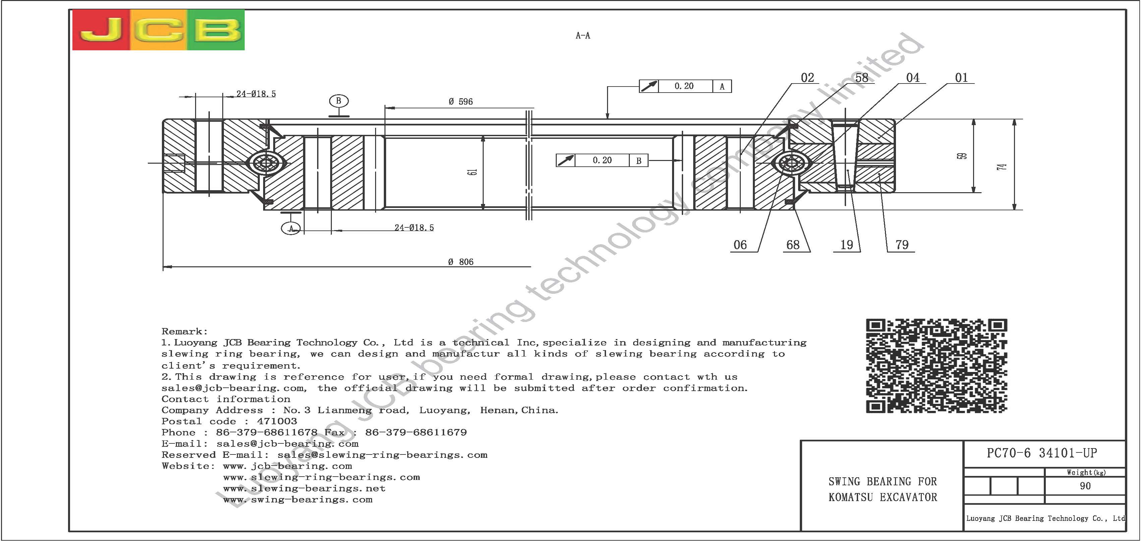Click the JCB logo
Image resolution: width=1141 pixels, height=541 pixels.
pyautogui.click(x=158, y=30)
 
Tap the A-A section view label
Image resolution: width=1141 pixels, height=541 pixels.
pyautogui.click(x=583, y=36)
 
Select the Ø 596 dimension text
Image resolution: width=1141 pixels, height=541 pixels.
pyautogui.click(x=461, y=102)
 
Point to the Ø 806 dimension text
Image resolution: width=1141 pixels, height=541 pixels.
pyautogui.click(x=461, y=262)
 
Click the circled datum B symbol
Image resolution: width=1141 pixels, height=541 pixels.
pyautogui.click(x=339, y=101)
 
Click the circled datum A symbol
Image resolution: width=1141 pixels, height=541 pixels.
pyautogui.click(x=291, y=228)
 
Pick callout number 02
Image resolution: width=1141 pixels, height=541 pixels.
pyautogui.click(x=807, y=78)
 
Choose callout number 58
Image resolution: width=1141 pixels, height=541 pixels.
pyautogui.click(x=861, y=78)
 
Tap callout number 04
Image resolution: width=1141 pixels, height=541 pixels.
pyautogui.click(x=913, y=78)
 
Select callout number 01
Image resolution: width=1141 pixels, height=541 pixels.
pyautogui.click(x=961, y=78)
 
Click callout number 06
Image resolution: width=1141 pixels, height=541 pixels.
pyautogui.click(x=740, y=245)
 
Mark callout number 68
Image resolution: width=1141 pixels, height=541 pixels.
pyautogui.click(x=793, y=245)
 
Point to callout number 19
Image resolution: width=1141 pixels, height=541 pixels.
pyautogui.click(x=846, y=245)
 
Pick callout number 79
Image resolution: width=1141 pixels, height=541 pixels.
pyautogui.click(x=902, y=245)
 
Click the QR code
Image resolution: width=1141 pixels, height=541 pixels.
pyautogui.click(x=937, y=366)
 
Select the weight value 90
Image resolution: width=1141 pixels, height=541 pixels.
pyautogui.click(x=1085, y=486)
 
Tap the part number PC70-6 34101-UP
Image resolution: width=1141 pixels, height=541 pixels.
pyautogui.click(x=1042, y=453)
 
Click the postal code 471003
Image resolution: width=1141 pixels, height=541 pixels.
pyautogui.click(x=277, y=421)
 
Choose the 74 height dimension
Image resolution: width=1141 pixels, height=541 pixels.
pyautogui.click(x=1003, y=167)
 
